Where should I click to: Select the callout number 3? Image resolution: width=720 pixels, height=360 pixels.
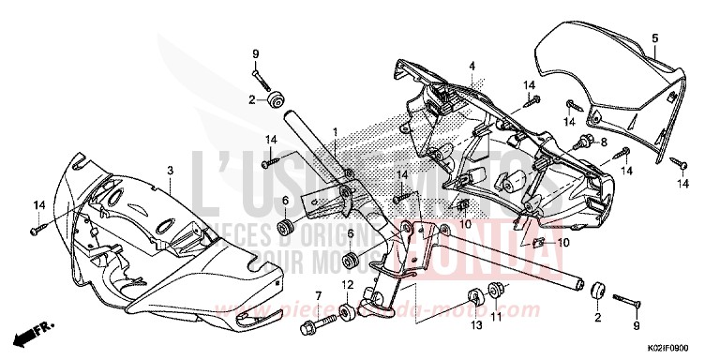tap(170, 170)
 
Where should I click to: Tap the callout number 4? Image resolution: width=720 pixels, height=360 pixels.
tap(473, 66)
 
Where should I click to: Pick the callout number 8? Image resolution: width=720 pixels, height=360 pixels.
tap(603, 142)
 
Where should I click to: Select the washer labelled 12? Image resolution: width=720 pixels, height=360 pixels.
tap(347, 311)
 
